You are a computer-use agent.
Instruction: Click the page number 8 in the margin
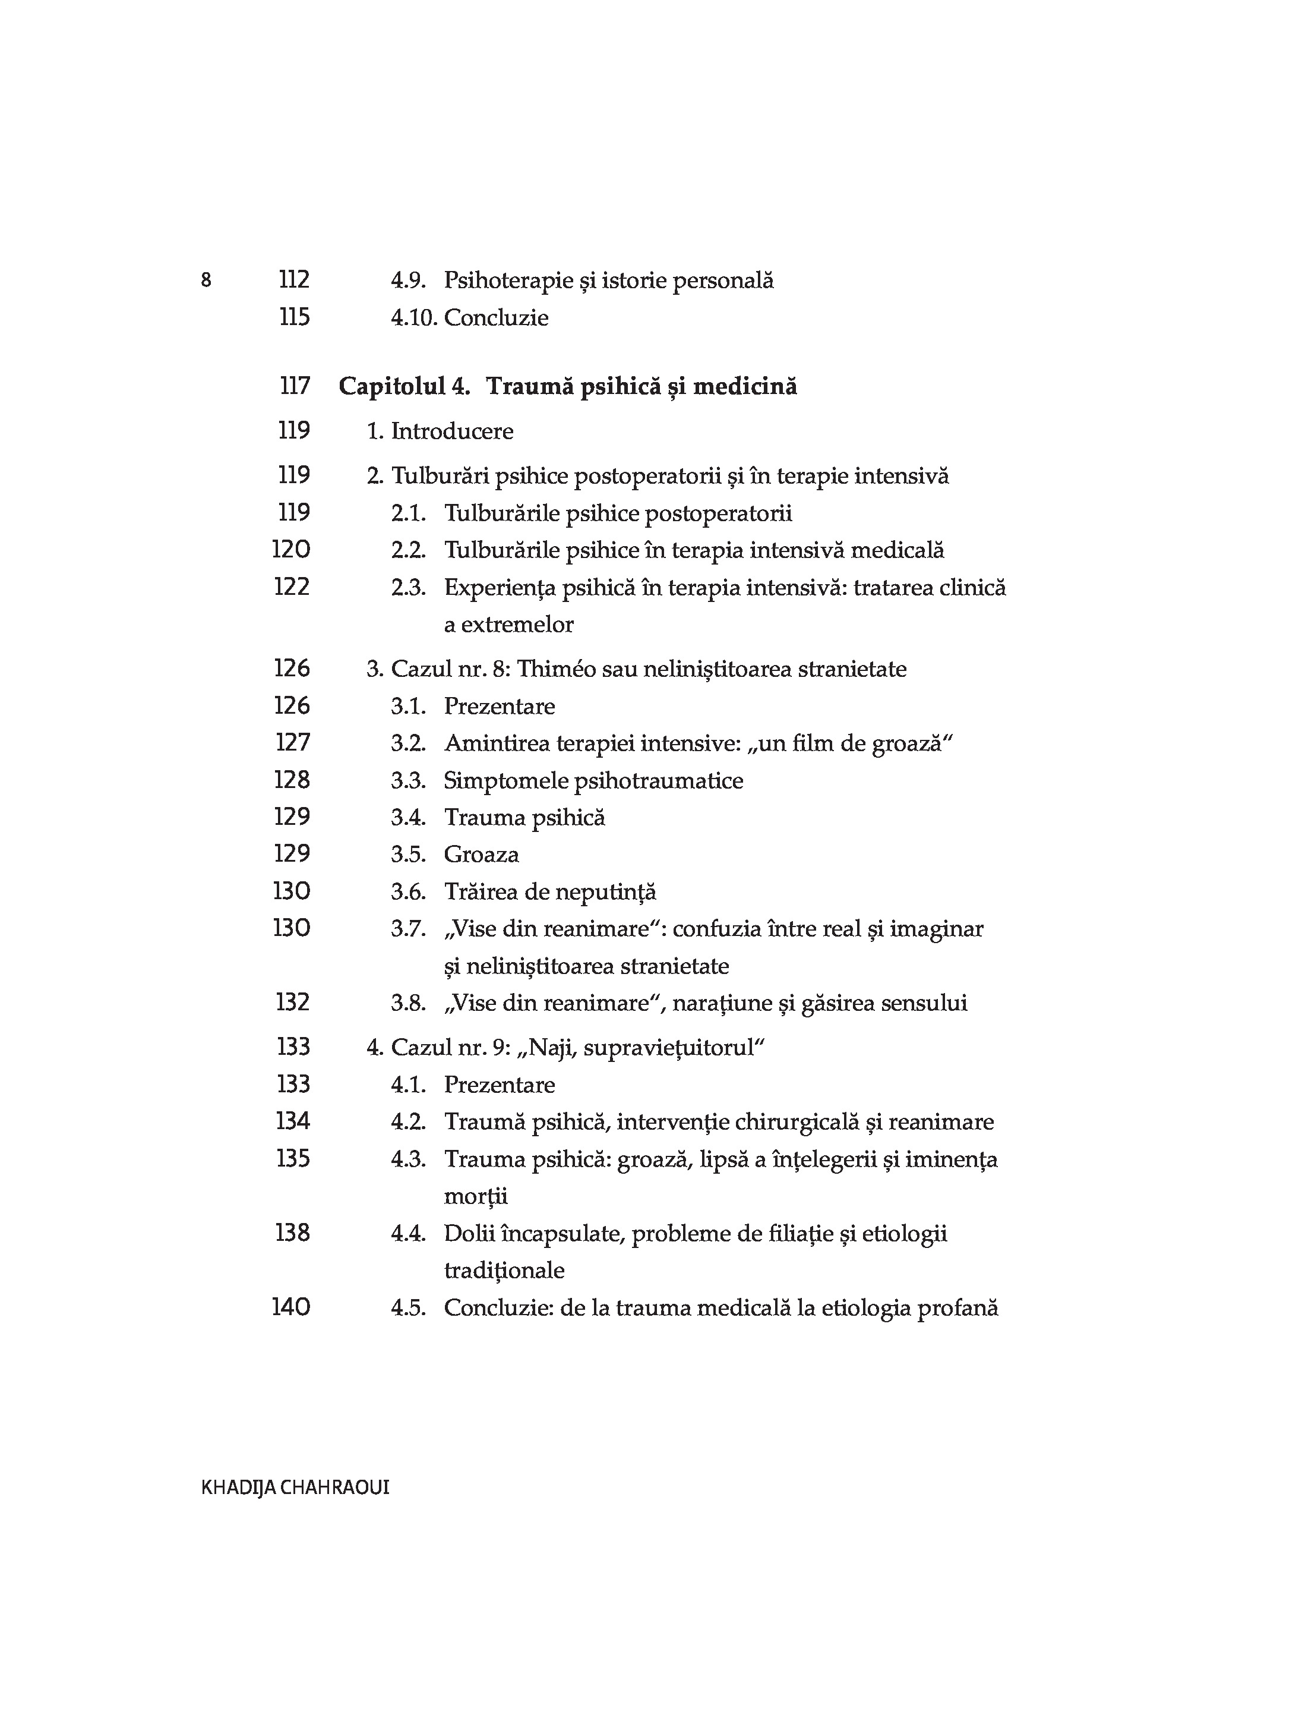(x=206, y=280)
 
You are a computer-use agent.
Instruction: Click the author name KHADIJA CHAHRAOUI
(x=295, y=1487)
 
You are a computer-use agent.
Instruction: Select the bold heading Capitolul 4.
(x=404, y=386)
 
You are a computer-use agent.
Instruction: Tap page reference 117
(x=295, y=386)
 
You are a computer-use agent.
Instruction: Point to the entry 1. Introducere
(x=440, y=431)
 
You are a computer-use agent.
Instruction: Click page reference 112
(x=294, y=280)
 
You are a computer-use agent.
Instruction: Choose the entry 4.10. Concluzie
(x=469, y=318)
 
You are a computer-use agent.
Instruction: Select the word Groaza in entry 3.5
(x=481, y=854)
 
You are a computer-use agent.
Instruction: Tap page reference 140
(x=292, y=1307)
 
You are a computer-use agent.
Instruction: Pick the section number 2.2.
(x=407, y=550)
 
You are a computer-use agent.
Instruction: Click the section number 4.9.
(x=407, y=280)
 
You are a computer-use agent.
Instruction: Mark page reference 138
(x=293, y=1233)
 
